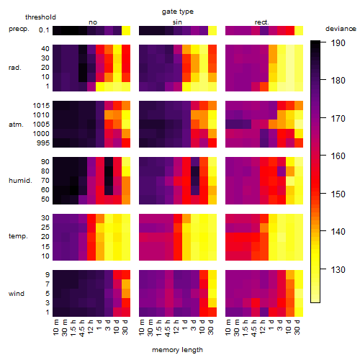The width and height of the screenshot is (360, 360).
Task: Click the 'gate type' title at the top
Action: [178, 12]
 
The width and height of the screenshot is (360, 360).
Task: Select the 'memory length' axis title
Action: [177, 350]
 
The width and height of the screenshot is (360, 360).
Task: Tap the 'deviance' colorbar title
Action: [341, 29]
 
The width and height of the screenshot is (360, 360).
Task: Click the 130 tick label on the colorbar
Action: [338, 269]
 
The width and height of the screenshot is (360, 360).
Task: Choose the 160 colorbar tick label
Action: [338, 156]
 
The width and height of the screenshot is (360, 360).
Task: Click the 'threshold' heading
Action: [40, 17]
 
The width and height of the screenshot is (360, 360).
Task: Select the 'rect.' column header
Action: [261, 22]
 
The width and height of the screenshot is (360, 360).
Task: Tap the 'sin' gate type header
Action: [177, 22]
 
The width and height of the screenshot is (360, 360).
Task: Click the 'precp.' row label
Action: [19, 29]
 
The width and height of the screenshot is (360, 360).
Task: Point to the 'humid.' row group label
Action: [20, 180]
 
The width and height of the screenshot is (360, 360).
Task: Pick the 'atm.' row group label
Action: [16, 125]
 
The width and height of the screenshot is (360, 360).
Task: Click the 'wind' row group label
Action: [17, 294]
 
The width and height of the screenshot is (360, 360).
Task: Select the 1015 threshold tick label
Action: [41, 105]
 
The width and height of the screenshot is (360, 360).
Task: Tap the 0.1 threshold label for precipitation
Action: [44, 30]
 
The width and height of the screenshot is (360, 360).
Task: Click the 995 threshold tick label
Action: [43, 143]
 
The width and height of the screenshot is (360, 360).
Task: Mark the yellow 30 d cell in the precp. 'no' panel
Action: [126, 30]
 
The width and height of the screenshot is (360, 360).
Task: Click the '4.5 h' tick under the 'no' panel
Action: [81, 328]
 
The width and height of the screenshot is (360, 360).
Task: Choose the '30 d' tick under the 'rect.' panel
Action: [297, 327]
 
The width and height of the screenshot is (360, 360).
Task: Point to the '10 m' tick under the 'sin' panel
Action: [142, 328]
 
